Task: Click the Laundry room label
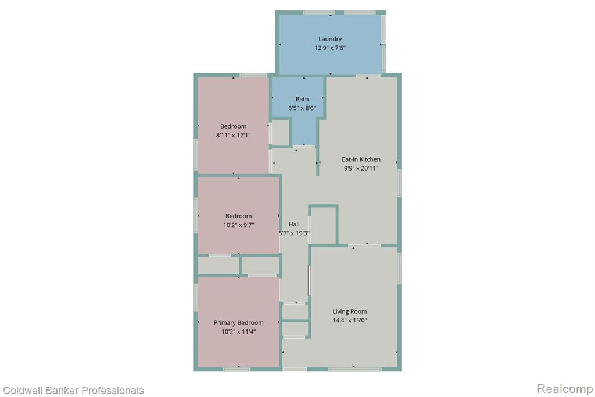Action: (330, 39)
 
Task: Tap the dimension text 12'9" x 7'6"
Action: (330, 48)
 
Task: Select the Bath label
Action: (302, 99)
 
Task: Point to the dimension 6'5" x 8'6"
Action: (302, 108)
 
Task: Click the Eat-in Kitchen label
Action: (361, 159)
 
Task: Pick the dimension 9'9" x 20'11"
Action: (361, 168)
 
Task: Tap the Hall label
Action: (294, 224)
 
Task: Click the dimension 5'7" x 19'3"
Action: (294, 233)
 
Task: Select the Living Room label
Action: (349, 311)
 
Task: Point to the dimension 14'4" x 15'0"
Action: (349, 321)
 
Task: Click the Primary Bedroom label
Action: (238, 323)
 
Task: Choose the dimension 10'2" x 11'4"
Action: (238, 332)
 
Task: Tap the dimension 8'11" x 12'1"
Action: (234, 135)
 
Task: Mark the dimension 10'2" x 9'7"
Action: (238, 225)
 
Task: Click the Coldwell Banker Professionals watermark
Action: (73, 391)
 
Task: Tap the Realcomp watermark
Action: (565, 389)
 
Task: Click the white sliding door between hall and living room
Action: (309, 281)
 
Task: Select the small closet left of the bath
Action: (281, 132)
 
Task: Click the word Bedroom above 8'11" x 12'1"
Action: (234, 126)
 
